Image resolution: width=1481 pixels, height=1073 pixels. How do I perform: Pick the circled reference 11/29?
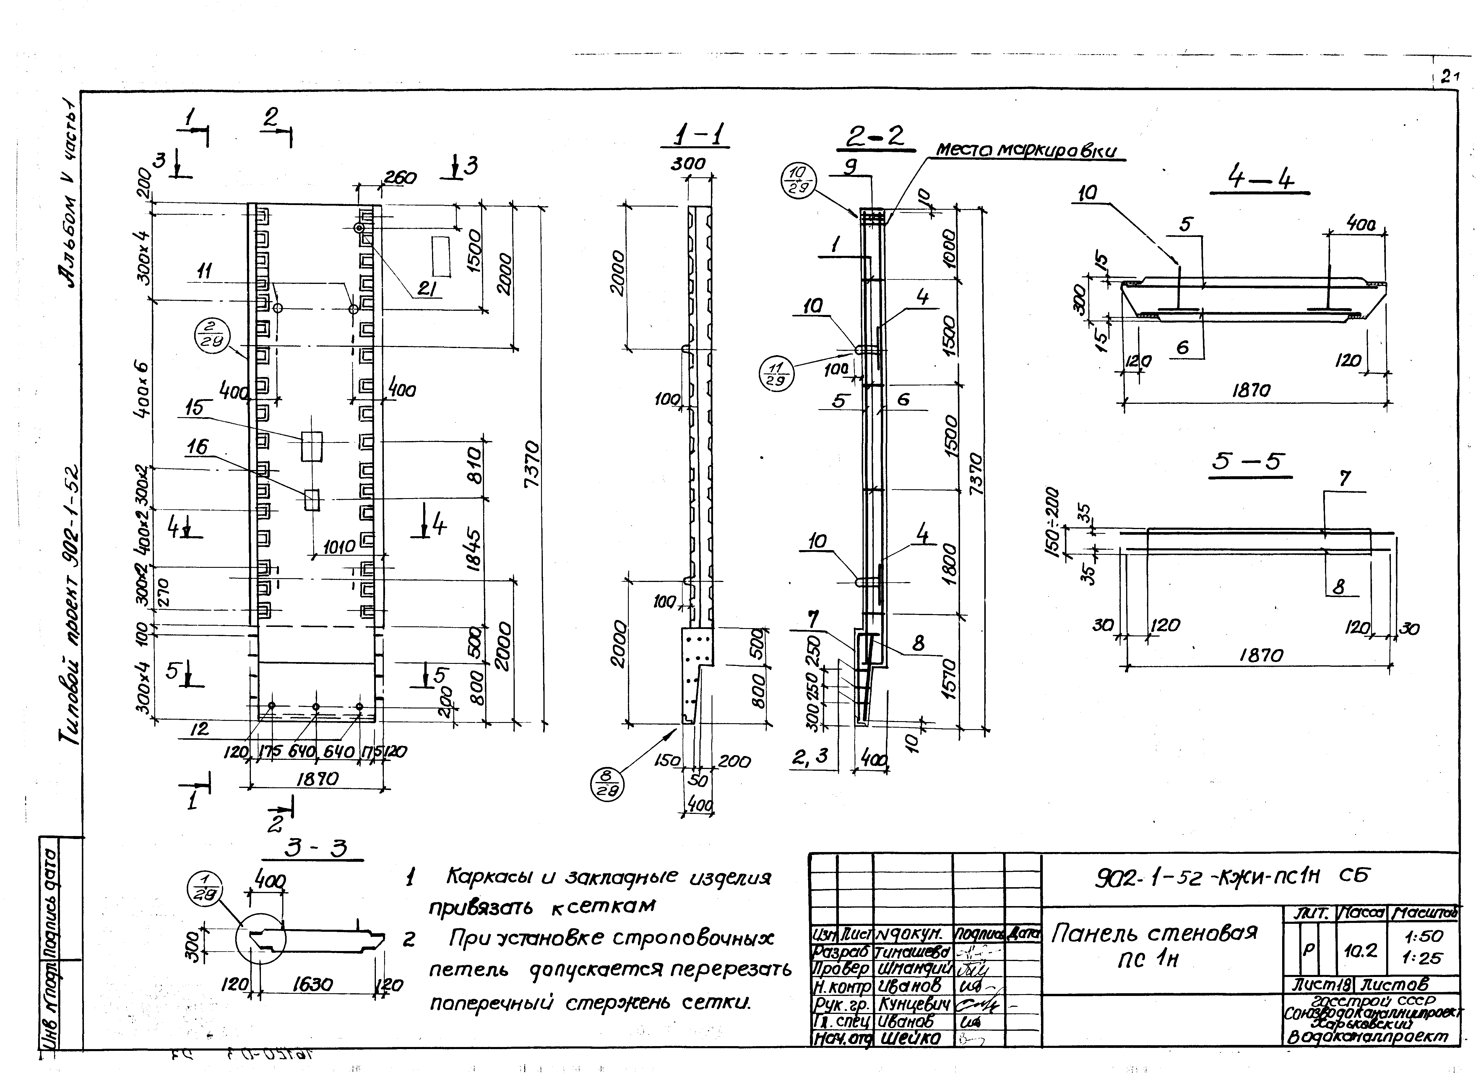point(776,375)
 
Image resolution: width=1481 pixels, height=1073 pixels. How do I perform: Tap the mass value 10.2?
point(1361,951)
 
